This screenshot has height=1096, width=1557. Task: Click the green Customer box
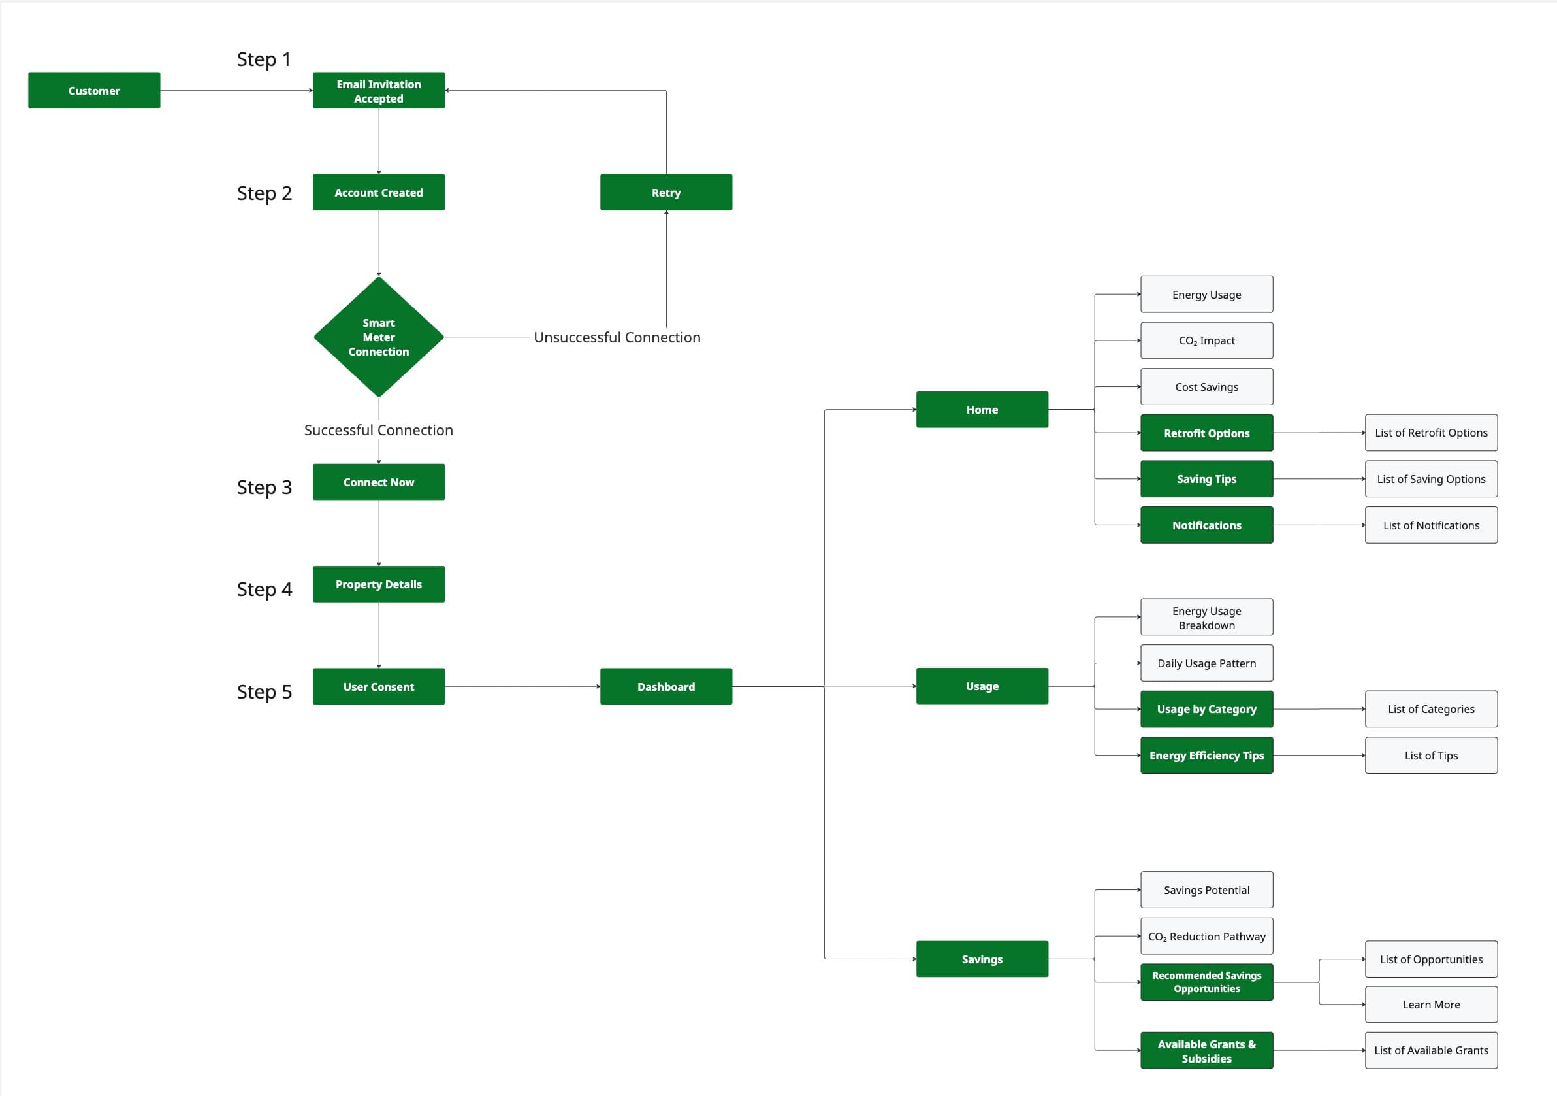click(x=93, y=90)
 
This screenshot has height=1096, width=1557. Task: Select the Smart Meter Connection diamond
click(x=378, y=337)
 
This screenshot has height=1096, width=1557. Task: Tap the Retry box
click(x=666, y=192)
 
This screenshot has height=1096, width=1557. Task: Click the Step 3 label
click(x=264, y=488)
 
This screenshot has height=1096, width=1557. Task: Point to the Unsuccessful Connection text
click(x=617, y=337)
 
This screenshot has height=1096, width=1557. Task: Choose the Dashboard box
click(x=666, y=686)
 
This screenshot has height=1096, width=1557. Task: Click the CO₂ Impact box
click(x=1206, y=340)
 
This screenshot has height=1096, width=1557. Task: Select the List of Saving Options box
click(x=1430, y=479)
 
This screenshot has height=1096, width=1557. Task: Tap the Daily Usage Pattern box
click(x=1206, y=663)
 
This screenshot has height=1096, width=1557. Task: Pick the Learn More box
click(x=1430, y=1005)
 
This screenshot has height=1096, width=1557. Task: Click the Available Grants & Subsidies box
click(x=1206, y=1050)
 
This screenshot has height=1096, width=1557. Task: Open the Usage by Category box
click(x=1206, y=709)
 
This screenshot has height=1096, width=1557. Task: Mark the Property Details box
click(x=378, y=584)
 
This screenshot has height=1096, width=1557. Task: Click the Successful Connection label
click(x=378, y=430)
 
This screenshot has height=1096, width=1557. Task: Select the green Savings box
click(x=981, y=959)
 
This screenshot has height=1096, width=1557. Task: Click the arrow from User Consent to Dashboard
click(x=522, y=686)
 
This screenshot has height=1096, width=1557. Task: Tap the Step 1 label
click(x=264, y=59)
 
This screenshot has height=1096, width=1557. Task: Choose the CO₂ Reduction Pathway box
click(x=1206, y=937)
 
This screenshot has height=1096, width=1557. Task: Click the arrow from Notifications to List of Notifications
click(x=1319, y=525)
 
